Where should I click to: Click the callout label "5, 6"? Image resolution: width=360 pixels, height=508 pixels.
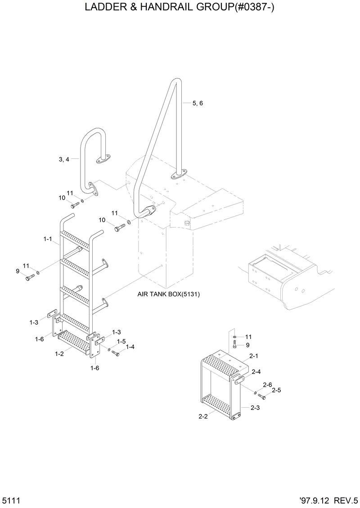198,103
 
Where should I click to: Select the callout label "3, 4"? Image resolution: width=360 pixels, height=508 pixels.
64,159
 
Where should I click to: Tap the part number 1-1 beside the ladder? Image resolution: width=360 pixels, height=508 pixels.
48,239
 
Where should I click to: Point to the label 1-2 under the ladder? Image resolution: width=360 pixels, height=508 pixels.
59,354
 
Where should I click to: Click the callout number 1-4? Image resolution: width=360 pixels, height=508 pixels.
130,347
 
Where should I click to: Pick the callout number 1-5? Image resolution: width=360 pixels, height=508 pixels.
121,342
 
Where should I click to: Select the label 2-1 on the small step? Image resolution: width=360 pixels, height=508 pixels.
254,356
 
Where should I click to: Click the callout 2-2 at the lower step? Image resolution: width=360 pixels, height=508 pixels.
203,417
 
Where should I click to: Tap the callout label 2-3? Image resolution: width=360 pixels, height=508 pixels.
255,408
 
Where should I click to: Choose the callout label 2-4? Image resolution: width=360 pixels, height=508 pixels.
256,372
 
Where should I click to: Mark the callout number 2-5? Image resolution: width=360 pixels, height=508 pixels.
276,390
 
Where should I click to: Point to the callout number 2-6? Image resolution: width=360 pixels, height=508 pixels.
267,385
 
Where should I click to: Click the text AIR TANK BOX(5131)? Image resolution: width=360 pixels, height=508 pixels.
169,294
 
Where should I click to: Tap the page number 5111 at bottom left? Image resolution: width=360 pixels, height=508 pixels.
10,500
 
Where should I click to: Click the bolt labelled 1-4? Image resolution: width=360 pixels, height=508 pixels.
115,353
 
